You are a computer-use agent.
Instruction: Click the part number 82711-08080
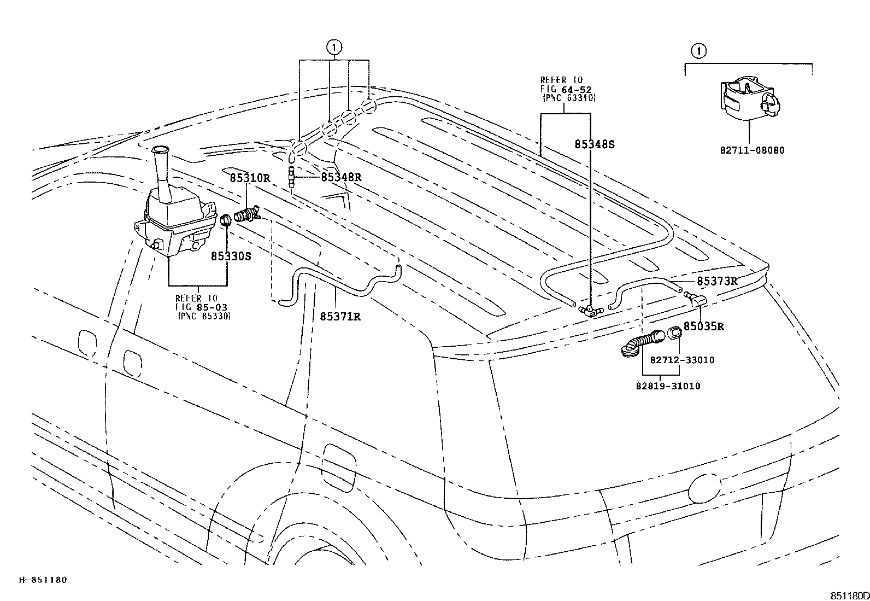pos(752,150)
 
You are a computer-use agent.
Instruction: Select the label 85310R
pos(250,178)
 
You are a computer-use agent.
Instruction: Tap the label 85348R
pos(342,177)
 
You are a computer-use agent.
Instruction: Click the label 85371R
pos(340,316)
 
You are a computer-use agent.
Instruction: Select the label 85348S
pos(595,144)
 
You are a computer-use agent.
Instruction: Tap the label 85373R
pos(717,281)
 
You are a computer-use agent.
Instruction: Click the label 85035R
pos(704,326)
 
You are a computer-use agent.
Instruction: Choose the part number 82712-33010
pos(682,360)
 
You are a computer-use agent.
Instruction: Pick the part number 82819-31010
pos(668,386)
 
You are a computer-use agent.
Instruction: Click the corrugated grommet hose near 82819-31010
pos(643,343)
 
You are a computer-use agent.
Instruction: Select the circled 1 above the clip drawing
pos(698,51)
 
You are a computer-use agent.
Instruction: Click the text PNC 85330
pos(204,316)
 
